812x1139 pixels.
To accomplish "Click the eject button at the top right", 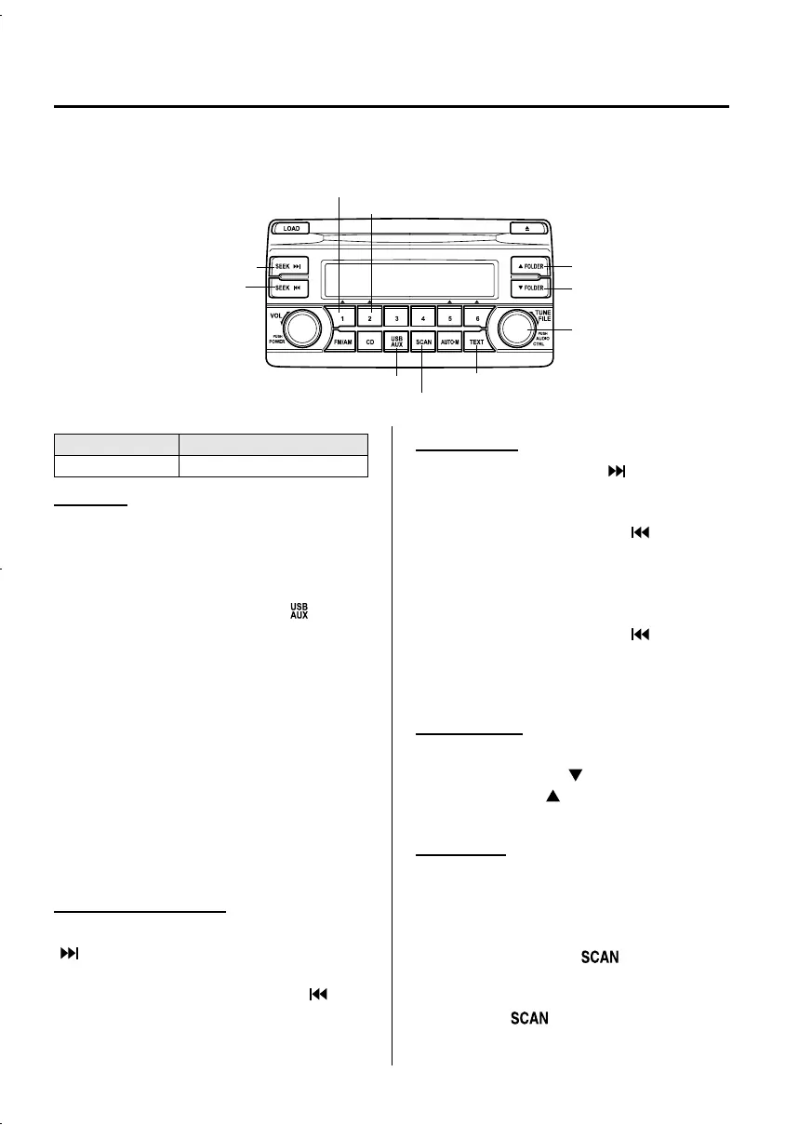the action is pyautogui.click(x=527, y=227).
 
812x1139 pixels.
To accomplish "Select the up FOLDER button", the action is pyautogui.click(x=528, y=267).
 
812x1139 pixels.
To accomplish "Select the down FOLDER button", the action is pyautogui.click(x=528, y=288).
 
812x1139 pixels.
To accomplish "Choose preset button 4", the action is pyautogui.click(x=423, y=318).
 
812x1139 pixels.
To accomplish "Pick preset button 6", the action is pyautogui.click(x=477, y=318).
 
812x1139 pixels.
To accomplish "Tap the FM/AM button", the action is pyautogui.click(x=342, y=342).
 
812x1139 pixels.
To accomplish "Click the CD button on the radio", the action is pyautogui.click(x=369, y=342).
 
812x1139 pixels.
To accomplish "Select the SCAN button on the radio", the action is pyautogui.click(x=423, y=342).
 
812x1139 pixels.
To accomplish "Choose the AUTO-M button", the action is pyautogui.click(x=450, y=342).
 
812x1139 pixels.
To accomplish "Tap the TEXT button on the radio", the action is pyautogui.click(x=477, y=342).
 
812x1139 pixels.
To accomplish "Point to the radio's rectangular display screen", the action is pyautogui.click(x=410, y=277).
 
